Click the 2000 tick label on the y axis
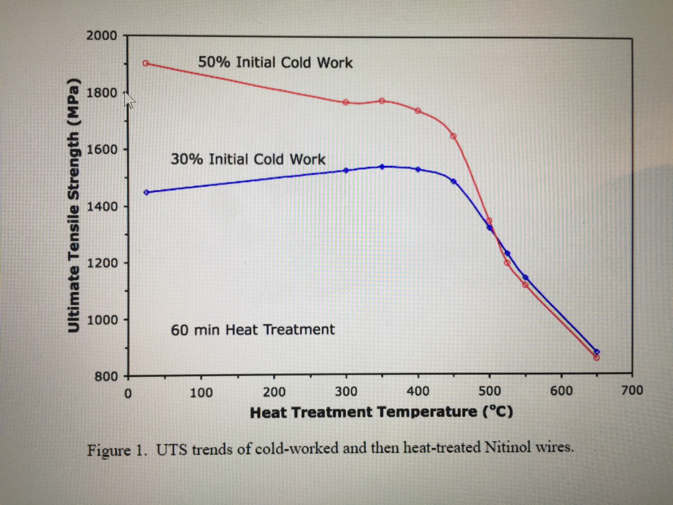tap(101, 36)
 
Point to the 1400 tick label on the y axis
tap(101, 206)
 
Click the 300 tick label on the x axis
tap(346, 393)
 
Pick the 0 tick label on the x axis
tap(128, 393)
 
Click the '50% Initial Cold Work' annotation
tap(275, 63)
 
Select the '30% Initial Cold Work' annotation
tap(248, 159)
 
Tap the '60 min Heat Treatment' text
tap(252, 329)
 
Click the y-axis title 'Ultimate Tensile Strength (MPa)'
tap(74, 205)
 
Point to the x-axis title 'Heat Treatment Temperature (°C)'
tap(381, 412)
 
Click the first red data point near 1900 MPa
tap(146, 63)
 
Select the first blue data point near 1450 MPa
tap(147, 192)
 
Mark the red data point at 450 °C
tap(453, 136)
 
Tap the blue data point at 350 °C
tap(382, 166)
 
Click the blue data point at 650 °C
tap(596, 352)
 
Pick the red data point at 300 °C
tap(346, 102)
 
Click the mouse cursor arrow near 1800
tap(129, 99)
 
